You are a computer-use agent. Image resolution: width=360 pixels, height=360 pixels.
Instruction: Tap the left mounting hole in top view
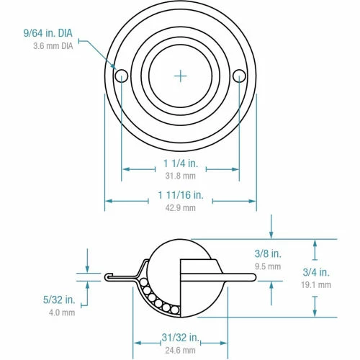pos(121,75)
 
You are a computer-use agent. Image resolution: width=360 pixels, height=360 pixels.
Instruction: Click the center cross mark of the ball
pos(180,74)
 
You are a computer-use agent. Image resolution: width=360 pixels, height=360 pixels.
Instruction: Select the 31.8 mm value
pos(180,176)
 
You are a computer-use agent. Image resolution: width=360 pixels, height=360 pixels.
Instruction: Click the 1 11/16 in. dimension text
pos(180,194)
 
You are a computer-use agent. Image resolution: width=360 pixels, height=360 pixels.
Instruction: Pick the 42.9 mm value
pos(180,208)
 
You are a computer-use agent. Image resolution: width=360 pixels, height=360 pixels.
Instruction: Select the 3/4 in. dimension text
pos(316,272)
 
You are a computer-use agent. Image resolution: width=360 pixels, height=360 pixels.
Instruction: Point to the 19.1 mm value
pos(316,284)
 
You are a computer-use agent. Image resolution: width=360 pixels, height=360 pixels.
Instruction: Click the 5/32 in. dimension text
pos(59,300)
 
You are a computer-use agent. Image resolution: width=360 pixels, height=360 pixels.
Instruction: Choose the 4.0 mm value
pos(62,312)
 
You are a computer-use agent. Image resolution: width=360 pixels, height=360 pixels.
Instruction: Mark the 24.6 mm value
pos(180,351)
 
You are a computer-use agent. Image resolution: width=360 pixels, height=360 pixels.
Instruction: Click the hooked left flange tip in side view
pos(107,276)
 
